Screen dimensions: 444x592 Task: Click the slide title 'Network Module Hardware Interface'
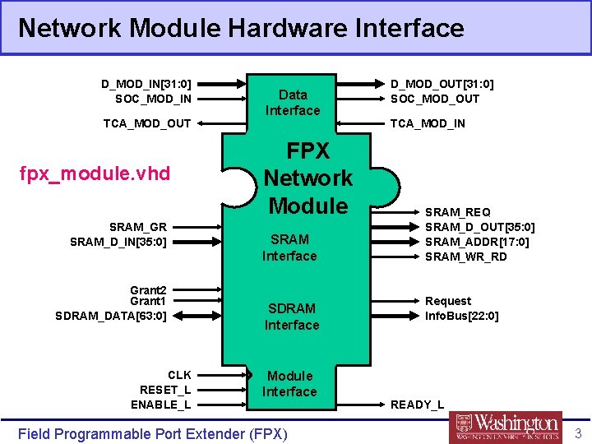pos(241,28)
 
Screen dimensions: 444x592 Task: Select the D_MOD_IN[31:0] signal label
pos(146,84)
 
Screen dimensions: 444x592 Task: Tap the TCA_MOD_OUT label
pos(147,123)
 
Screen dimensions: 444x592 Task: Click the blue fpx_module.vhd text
pos(99,173)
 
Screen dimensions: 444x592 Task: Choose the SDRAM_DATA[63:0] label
pos(111,316)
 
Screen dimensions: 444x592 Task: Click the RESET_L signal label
pos(165,390)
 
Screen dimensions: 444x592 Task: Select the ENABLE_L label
pos(161,405)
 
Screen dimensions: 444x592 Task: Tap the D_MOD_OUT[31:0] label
pos(442,84)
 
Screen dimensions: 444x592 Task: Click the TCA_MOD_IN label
pos(428,123)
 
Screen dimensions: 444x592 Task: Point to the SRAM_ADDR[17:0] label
pos(477,242)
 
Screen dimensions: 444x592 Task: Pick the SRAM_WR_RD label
pos(466,257)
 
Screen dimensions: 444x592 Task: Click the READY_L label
pos(417,405)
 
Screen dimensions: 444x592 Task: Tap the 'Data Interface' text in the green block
pos(293,103)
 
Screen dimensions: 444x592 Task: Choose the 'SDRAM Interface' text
pos(292,317)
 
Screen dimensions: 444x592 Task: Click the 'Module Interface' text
pos(289,384)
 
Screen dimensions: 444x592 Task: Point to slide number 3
pos(578,433)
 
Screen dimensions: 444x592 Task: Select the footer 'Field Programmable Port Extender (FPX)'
pos(152,433)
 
